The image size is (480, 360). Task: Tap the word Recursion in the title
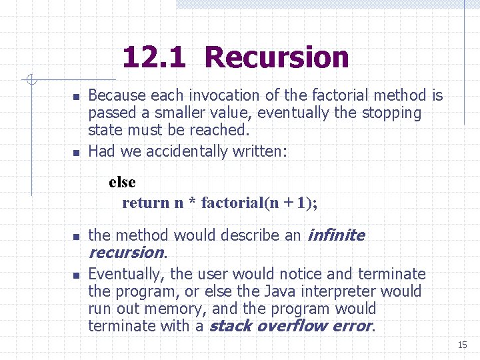coord(277,57)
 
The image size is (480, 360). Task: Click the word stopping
coord(393,113)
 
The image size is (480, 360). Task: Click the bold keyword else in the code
coord(122,182)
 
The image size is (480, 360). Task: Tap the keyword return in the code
coord(146,203)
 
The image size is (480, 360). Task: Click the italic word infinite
coord(335,235)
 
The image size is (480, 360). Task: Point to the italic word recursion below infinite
coord(126,253)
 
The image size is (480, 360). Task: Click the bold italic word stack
coord(230,326)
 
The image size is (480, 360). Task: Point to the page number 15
coord(463,345)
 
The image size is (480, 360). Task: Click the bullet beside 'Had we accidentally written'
coord(76,153)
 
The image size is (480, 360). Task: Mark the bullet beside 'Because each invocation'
coord(76,97)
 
